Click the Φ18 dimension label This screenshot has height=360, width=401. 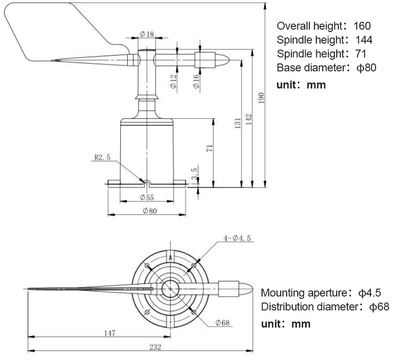tap(147, 34)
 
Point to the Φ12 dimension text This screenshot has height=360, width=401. tap(173, 82)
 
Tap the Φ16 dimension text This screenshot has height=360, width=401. tap(196, 82)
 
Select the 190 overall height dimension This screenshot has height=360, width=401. tap(261, 98)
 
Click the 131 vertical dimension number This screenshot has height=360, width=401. tap(238, 123)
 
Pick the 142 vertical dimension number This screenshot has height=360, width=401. tap(249, 120)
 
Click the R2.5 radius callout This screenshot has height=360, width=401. tap(102, 157)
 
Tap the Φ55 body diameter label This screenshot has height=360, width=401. tap(147, 197)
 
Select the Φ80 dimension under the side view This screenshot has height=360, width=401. tap(150, 211)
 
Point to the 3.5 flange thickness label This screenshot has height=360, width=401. tap(194, 173)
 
